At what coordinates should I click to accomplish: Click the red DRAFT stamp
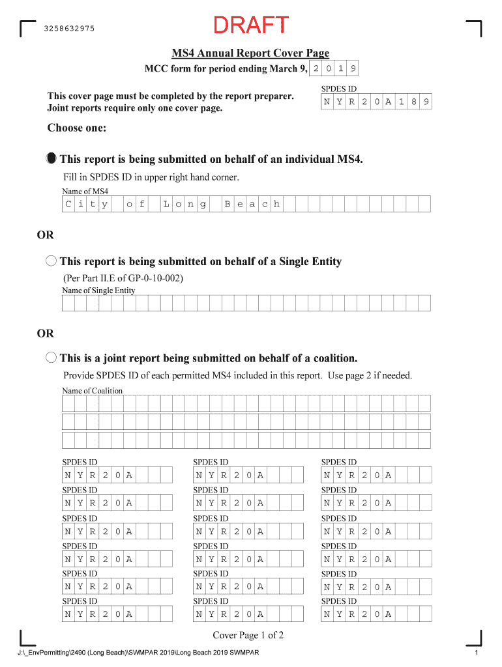tap(251, 25)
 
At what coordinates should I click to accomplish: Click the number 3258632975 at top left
tap(69, 29)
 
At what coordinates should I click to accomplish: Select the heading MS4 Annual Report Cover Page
tap(250, 53)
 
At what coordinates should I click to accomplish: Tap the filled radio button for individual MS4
tap(52, 159)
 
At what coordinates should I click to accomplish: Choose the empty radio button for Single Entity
tap(52, 262)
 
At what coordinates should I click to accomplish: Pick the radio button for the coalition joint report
tap(52, 358)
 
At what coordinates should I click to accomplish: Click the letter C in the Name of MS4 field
tap(68, 205)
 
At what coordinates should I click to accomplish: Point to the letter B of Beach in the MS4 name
tap(228, 205)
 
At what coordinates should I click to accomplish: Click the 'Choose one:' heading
tap(76, 128)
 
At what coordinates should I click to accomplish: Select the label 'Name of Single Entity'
tap(98, 291)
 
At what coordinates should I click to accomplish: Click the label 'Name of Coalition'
tap(92, 391)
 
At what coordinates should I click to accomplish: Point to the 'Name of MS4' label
tap(85, 192)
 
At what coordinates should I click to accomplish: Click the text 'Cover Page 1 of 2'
tap(248, 636)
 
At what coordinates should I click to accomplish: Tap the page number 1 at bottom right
tap(477, 653)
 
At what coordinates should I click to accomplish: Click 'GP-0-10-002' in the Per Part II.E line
tap(156, 279)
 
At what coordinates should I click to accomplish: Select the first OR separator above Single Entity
tap(46, 235)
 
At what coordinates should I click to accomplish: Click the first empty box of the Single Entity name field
tap(68, 304)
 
